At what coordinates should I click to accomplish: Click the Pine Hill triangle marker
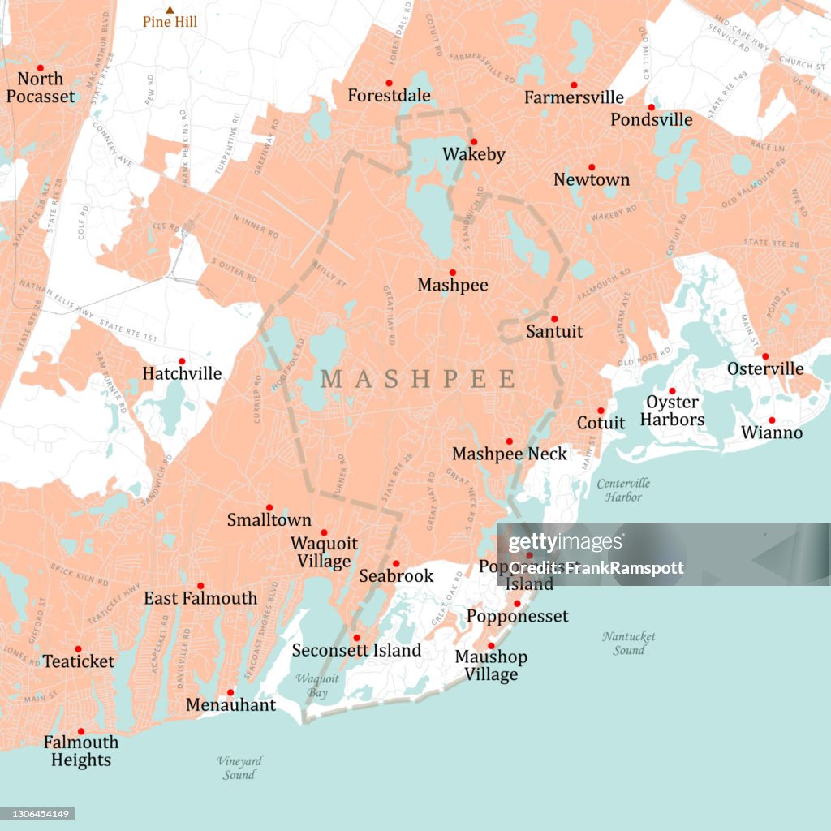[x=170, y=10]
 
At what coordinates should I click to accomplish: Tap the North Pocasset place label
[x=41, y=88]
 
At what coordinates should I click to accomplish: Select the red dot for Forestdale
[x=389, y=83]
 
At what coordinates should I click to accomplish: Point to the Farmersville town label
[x=574, y=97]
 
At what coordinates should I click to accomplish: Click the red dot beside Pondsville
[x=651, y=107]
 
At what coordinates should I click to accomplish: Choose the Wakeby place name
[x=474, y=154]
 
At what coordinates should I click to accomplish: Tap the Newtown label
[x=592, y=179]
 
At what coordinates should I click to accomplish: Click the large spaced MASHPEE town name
[x=418, y=379]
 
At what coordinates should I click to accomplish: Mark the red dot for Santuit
[x=554, y=319]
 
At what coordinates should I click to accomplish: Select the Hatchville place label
[x=182, y=373]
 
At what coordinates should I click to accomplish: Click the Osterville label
[x=765, y=368]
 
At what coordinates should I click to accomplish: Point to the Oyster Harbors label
[x=672, y=411]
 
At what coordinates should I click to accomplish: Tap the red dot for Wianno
[x=772, y=420]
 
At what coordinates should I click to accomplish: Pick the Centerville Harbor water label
[x=623, y=490]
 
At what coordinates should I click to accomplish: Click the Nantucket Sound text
[x=628, y=644]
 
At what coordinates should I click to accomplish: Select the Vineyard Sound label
[x=239, y=768]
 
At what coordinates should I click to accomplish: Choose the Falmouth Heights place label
[x=81, y=751]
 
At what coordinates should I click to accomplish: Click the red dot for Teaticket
[x=78, y=649]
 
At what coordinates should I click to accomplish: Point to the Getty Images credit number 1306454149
[x=37, y=813]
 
